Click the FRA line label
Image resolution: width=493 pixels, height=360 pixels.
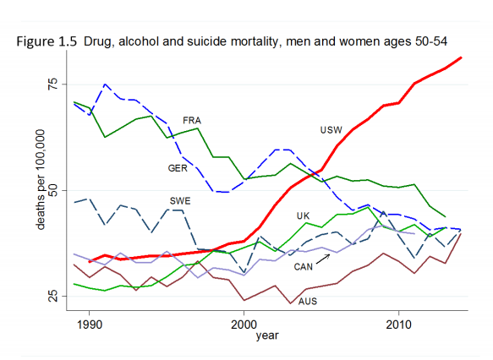click(x=192, y=121)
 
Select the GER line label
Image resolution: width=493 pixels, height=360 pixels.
click(x=178, y=167)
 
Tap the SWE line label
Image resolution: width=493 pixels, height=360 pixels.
click(x=180, y=201)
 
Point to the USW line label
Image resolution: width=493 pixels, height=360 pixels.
click(x=331, y=130)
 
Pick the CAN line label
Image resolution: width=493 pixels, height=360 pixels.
click(x=304, y=266)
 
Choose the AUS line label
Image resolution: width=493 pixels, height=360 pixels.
click(x=308, y=301)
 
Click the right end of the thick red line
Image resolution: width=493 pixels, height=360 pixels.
click(x=461, y=57)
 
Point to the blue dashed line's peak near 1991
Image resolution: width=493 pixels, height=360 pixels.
click(x=105, y=85)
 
